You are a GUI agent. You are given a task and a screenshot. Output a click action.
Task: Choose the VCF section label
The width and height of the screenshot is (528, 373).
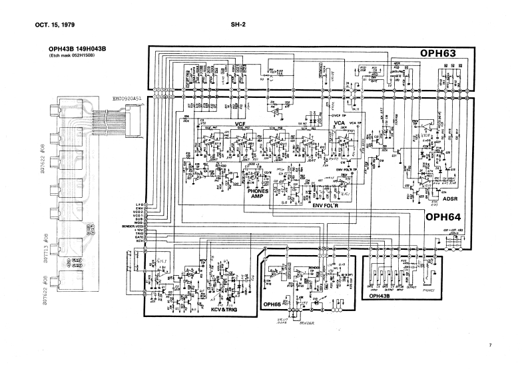pos(241,125)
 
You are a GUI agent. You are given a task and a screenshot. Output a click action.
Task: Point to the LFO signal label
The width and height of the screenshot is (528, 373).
pos(140,204)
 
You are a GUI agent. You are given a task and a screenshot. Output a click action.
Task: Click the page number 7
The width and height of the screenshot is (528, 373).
pos(489,344)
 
